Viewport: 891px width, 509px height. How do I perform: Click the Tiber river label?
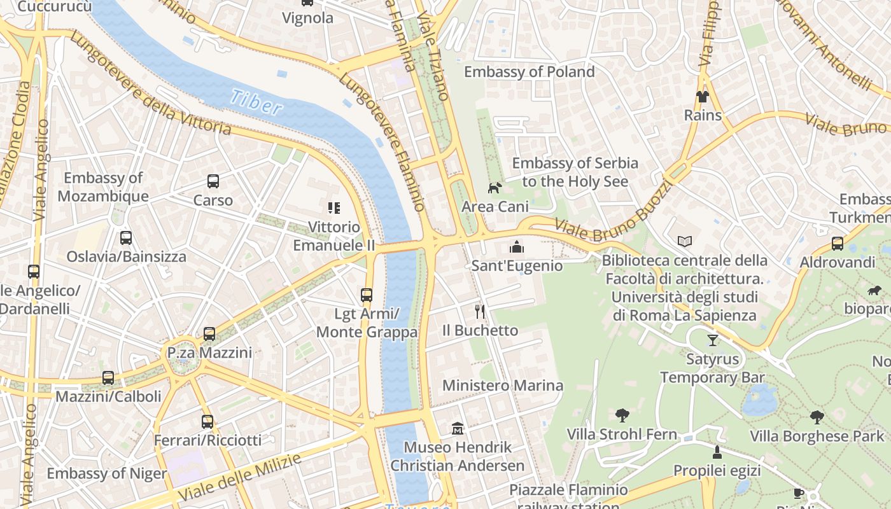click(256, 102)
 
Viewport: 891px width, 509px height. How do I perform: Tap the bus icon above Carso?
click(213, 181)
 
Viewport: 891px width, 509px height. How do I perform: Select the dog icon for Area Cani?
click(495, 188)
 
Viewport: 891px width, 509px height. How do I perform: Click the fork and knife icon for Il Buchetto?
click(480, 311)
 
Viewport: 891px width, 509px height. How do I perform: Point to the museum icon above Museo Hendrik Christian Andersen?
click(457, 428)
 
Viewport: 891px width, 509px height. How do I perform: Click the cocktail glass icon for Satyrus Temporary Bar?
click(712, 340)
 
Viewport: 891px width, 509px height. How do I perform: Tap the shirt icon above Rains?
click(702, 97)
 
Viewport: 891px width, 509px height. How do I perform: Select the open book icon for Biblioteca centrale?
click(684, 242)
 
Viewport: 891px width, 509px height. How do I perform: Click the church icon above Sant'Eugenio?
click(517, 247)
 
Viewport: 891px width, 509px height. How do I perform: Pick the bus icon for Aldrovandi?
click(837, 244)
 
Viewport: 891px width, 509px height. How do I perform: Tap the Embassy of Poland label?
click(529, 72)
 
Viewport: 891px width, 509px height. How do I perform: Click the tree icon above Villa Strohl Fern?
click(622, 415)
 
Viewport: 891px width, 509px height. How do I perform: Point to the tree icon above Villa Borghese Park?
click(817, 417)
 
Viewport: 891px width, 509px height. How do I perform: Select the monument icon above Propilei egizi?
click(717, 452)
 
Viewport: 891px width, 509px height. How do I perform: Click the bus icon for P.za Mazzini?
click(209, 334)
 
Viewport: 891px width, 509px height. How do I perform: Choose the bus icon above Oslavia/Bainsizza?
click(126, 238)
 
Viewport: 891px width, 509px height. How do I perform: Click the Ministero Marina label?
click(502, 386)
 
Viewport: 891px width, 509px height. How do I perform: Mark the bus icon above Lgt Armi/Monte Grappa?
click(366, 295)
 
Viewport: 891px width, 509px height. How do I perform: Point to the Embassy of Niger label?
click(106, 473)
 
